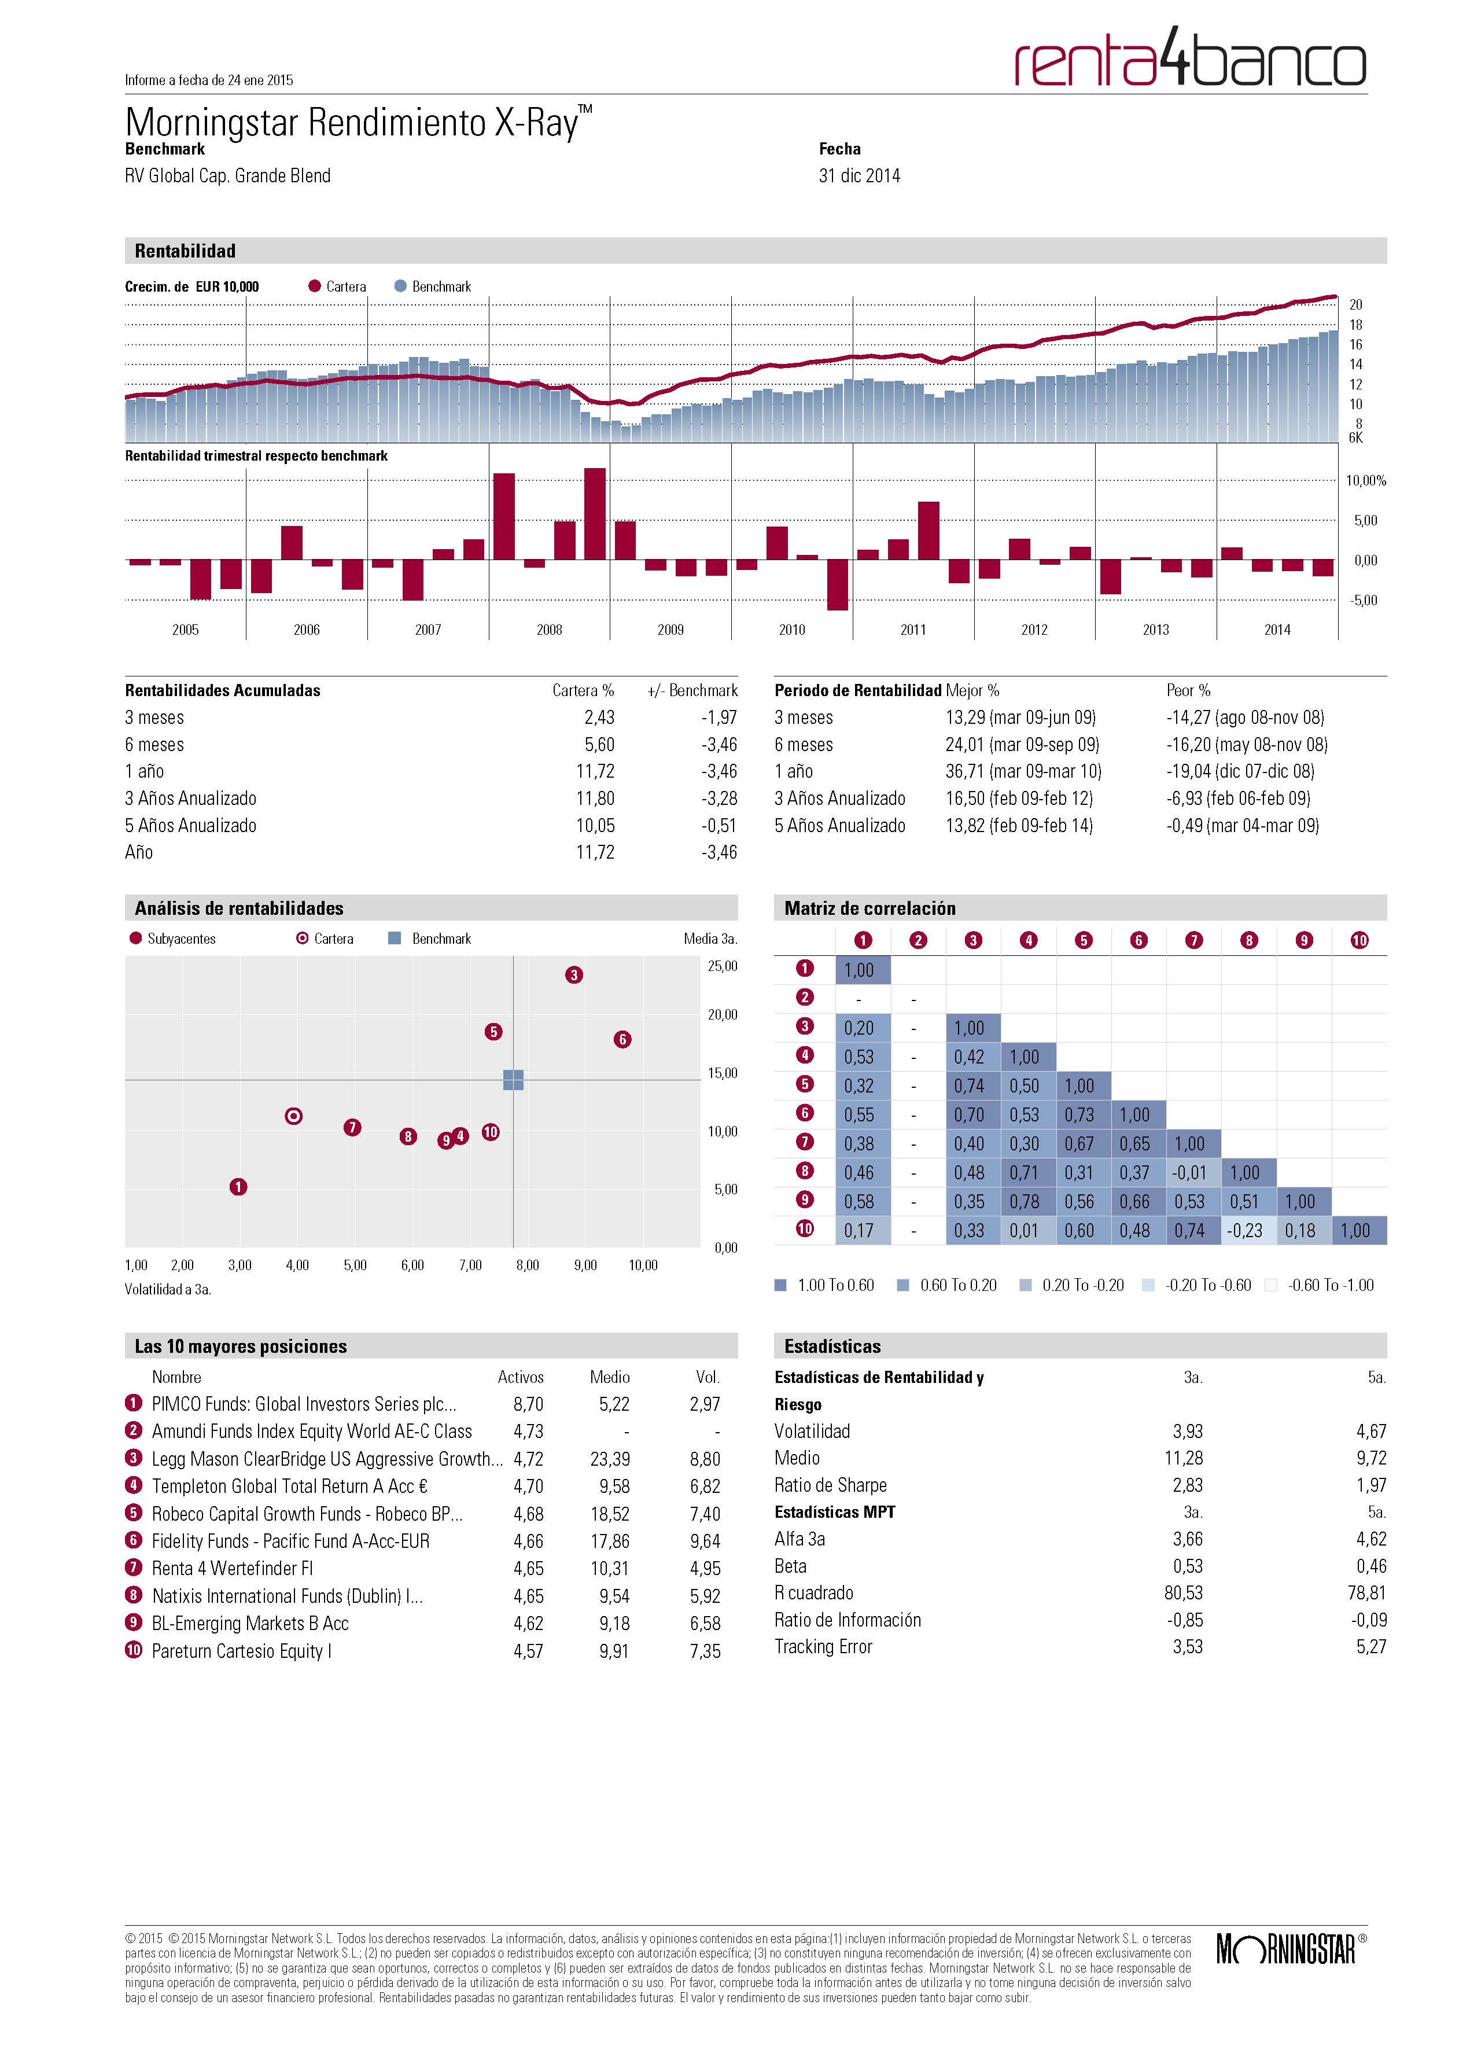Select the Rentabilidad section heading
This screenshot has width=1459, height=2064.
[x=185, y=251]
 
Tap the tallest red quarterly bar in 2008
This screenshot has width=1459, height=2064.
[x=594, y=514]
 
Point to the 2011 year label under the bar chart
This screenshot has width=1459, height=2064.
[x=913, y=630]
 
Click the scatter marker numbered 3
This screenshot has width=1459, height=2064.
[x=573, y=974]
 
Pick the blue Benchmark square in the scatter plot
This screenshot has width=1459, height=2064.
[x=513, y=1080]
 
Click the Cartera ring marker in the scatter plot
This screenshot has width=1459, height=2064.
[x=293, y=1116]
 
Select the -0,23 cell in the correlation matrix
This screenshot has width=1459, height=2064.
[x=1245, y=1230]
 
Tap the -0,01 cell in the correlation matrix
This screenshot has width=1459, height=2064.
[x=1189, y=1172]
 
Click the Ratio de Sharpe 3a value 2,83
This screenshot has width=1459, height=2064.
[x=1188, y=1485]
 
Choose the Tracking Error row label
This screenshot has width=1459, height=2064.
[x=823, y=1647]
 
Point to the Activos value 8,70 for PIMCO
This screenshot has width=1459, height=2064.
[x=529, y=1404]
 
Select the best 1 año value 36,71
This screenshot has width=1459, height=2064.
[x=966, y=771]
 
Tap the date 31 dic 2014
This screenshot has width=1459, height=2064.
[x=860, y=176]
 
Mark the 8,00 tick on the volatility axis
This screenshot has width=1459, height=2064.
[x=528, y=1265]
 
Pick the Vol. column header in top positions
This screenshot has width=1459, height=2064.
[x=708, y=1377]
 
